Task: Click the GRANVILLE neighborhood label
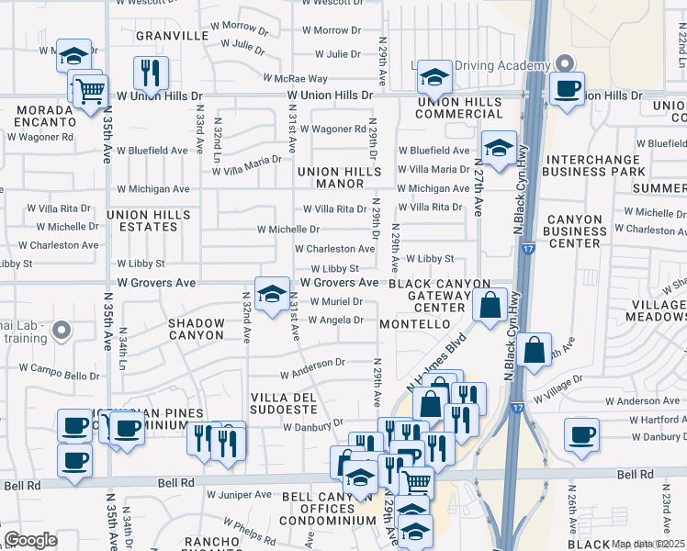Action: [173, 36]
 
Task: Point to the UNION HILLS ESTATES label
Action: [148, 220]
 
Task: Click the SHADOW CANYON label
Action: [196, 329]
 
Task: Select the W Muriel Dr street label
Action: [331, 301]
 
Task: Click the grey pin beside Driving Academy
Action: [565, 63]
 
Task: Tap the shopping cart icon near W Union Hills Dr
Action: [90, 91]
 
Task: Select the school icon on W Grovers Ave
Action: [271, 294]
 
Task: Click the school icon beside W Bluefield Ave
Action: [498, 148]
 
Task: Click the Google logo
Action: [30, 540]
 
